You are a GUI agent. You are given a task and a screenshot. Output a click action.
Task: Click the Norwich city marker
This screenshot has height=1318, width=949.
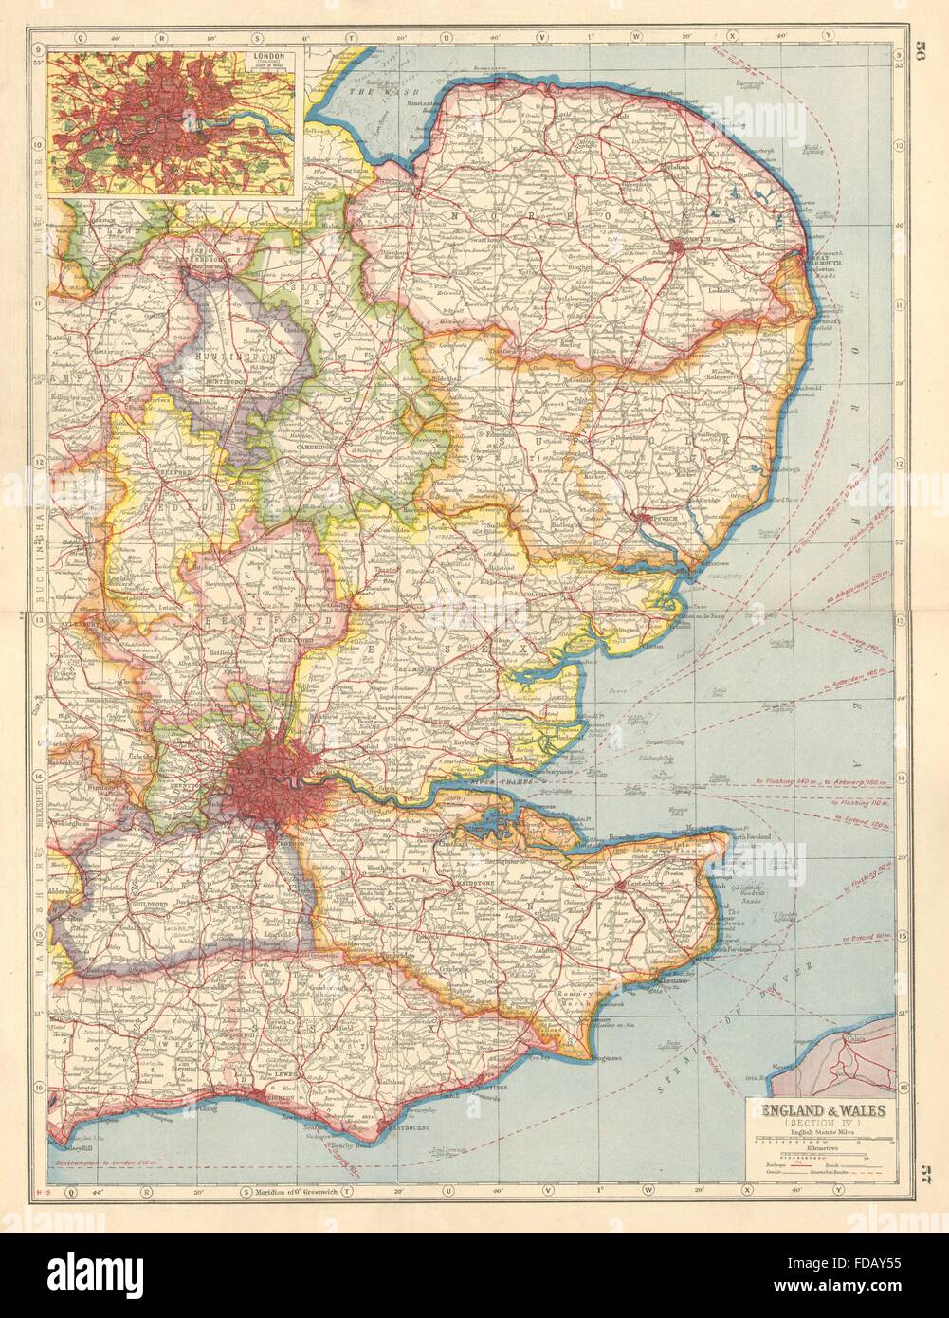pos(676,248)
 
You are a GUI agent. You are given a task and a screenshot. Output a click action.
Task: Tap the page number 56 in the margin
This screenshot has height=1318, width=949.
pos(919,55)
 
